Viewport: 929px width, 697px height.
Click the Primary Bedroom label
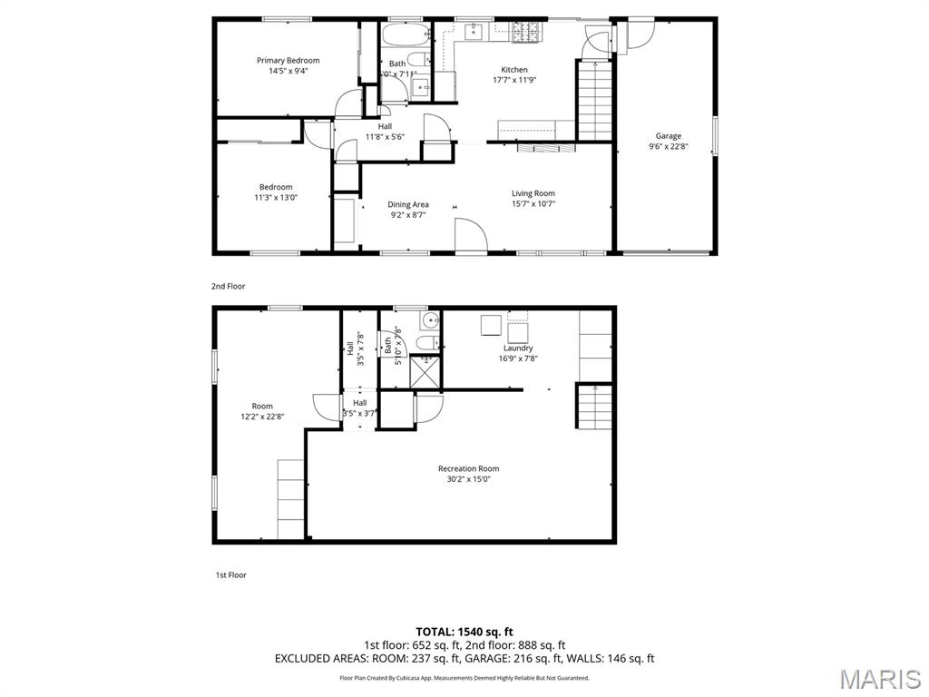tap(288, 61)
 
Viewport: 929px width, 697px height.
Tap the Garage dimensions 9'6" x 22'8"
tap(669, 146)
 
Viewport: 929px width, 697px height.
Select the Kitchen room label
tap(514, 70)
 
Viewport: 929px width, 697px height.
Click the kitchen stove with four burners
tap(527, 34)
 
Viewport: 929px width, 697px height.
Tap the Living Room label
tap(533, 193)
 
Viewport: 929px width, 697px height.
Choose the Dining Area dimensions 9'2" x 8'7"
tap(408, 215)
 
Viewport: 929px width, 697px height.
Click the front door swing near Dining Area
tap(471, 234)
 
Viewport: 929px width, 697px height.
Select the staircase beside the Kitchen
tap(595, 100)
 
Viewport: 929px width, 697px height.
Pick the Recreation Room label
tap(468, 469)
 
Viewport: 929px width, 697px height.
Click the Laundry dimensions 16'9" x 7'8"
tap(518, 358)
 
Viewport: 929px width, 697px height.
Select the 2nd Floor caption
tap(229, 286)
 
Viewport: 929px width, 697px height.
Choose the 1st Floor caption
tap(230, 574)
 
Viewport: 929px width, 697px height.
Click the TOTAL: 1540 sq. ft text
tap(464, 632)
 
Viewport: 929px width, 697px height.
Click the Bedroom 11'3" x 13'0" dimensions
tap(276, 197)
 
